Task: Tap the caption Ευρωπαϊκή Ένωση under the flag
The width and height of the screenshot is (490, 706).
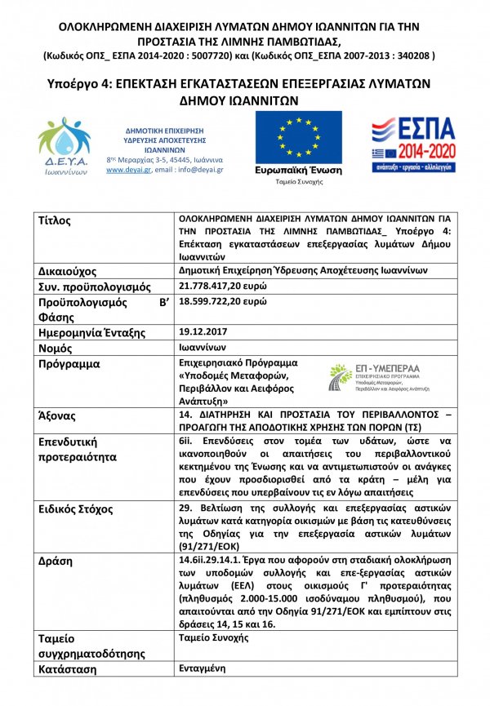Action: coord(299,171)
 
